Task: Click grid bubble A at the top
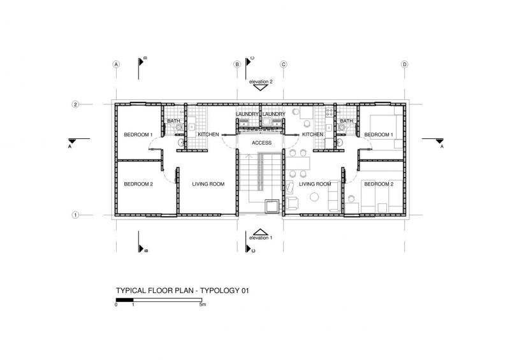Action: [x=116, y=64]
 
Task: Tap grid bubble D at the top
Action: [x=405, y=64]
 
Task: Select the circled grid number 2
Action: [x=75, y=104]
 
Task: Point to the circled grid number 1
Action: [x=75, y=215]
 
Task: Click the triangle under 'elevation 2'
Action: [x=260, y=87]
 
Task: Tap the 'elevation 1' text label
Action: [x=261, y=238]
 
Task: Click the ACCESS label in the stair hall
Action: [x=261, y=143]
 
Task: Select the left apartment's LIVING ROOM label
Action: [x=208, y=184]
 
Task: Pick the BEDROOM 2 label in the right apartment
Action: [x=379, y=184]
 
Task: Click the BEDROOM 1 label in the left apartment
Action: [x=138, y=134]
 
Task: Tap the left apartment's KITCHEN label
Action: [x=208, y=134]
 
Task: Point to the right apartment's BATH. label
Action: [x=347, y=121]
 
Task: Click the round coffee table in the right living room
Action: [x=314, y=197]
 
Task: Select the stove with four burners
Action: [x=330, y=112]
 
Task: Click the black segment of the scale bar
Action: [x=124, y=300]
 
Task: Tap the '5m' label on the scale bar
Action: [x=203, y=305]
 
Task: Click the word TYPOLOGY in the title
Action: [x=219, y=291]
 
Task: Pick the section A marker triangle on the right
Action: [x=439, y=141]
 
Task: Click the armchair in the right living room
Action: [x=292, y=203]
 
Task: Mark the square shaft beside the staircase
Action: [x=272, y=206]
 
